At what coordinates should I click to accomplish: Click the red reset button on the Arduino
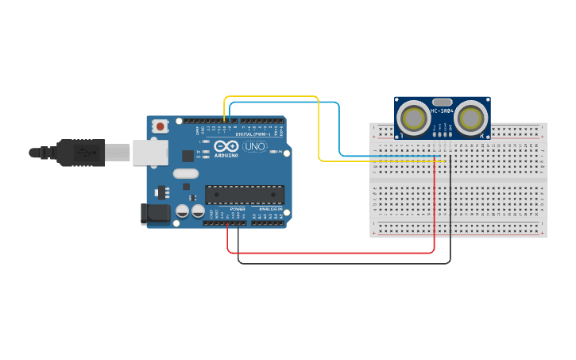[x=161, y=126]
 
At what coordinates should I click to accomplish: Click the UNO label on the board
[x=254, y=147]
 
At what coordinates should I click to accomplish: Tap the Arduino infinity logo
[x=226, y=146]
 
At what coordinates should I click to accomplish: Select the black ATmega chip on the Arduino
[x=244, y=194]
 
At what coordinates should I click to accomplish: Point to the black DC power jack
[x=153, y=213]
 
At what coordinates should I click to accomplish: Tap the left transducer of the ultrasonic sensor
[x=414, y=119]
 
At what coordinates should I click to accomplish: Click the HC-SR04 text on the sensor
[x=443, y=111]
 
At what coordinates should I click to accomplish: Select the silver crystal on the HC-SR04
[x=443, y=102]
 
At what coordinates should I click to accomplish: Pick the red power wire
[x=334, y=253]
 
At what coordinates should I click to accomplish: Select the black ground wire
[x=342, y=263]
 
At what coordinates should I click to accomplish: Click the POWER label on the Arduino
[x=238, y=209]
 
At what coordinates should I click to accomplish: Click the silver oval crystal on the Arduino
[x=184, y=174]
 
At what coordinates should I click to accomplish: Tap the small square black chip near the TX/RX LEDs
[x=187, y=156]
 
